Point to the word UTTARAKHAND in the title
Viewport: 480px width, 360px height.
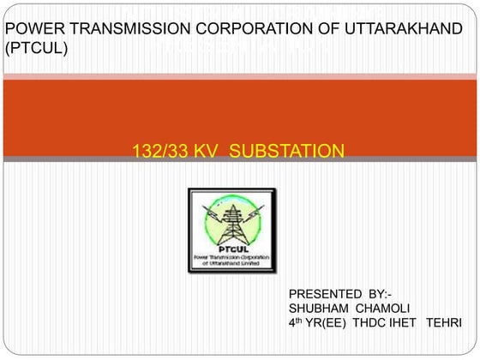pos(403,30)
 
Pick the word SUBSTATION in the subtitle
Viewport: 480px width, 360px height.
pos(287,152)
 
